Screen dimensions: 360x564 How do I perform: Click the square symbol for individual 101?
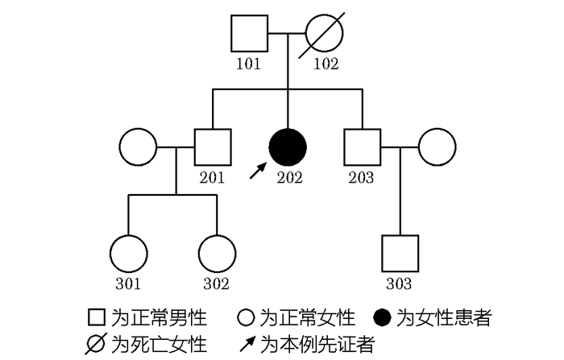(x=250, y=34)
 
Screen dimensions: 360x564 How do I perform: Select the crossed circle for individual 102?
(x=325, y=34)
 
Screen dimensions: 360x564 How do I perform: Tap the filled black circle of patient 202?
(x=288, y=147)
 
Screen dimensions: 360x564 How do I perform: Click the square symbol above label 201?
(x=213, y=147)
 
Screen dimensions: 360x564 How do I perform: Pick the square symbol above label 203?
(x=362, y=147)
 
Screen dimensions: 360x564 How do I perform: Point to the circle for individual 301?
(x=129, y=254)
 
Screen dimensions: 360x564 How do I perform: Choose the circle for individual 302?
(x=216, y=254)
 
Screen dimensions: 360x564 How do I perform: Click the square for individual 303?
(x=400, y=254)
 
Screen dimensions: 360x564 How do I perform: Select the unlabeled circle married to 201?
(x=138, y=147)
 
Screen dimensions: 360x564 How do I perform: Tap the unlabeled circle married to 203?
(x=437, y=147)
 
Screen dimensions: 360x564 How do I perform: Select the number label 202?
(x=288, y=178)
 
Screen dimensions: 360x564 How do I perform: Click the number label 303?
(x=400, y=283)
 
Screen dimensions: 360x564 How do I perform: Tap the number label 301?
(x=129, y=283)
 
